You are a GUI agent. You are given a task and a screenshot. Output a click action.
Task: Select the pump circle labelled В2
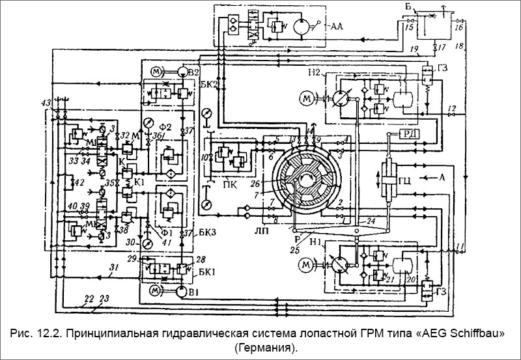(182, 70)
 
